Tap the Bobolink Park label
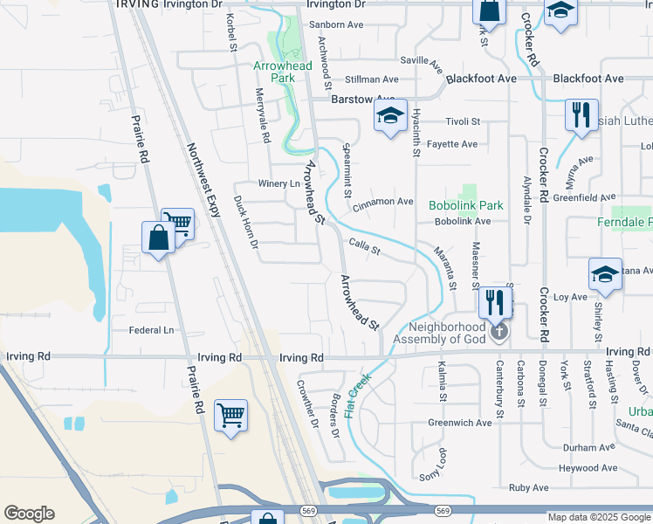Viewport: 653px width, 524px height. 466,206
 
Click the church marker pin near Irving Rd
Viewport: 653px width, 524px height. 498,331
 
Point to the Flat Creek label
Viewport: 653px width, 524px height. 359,395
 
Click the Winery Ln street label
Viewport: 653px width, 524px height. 278,184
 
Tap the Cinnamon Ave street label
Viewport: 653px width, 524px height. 383,202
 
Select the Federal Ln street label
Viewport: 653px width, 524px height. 151,330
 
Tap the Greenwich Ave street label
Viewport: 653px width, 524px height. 460,423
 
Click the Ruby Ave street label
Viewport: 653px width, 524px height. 528,487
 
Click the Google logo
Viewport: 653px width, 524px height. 29,514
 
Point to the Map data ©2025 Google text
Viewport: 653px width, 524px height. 598,517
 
